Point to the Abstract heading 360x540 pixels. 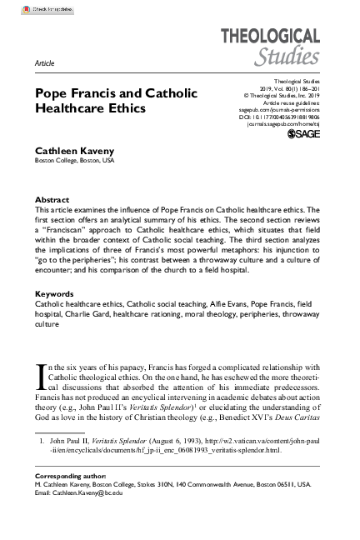coord(52,201)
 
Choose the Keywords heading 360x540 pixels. coord(55,295)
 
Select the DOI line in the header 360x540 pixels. coord(278,117)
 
